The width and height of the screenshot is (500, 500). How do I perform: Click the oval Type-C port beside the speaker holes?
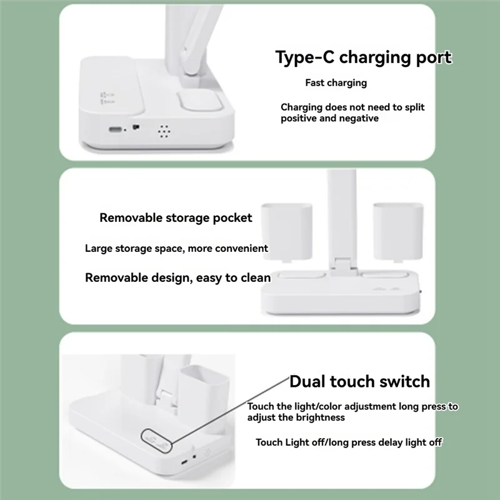[x=116, y=129]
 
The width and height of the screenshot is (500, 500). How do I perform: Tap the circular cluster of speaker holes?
[x=164, y=131]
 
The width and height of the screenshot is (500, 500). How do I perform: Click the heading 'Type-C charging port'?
[x=363, y=57]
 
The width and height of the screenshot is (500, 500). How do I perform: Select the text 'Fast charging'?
[x=336, y=82]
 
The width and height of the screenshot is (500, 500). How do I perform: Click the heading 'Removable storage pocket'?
[x=176, y=217]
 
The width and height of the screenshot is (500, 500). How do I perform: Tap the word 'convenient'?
[x=241, y=248]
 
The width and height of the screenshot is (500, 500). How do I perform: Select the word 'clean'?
[x=256, y=277]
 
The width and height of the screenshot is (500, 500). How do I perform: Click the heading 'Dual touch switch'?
[x=359, y=381]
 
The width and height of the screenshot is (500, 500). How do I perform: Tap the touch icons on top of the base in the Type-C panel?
[x=105, y=92]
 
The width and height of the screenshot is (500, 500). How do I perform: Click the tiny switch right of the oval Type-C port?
[x=136, y=127]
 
